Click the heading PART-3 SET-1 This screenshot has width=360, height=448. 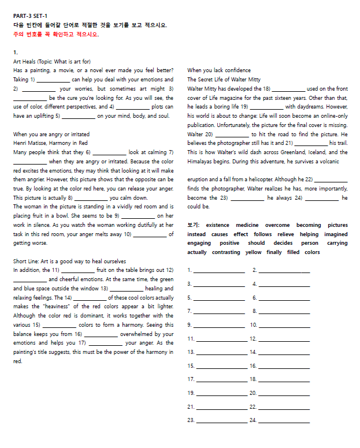click(31, 16)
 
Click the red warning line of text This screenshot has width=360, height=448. click(55, 34)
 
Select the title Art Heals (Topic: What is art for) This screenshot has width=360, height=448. click(52, 61)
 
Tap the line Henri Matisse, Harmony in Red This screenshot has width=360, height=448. click(50, 143)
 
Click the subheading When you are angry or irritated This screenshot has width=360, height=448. click(52, 134)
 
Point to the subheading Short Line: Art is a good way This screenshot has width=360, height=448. click(69, 261)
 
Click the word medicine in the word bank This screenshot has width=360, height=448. click(246, 225)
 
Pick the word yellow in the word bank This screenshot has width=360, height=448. click(253, 252)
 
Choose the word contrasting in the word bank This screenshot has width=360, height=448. click(226, 252)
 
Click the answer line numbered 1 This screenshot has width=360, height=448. click(219, 271)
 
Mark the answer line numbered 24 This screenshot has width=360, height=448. click(284, 420)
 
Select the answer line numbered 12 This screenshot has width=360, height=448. click(284, 339)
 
